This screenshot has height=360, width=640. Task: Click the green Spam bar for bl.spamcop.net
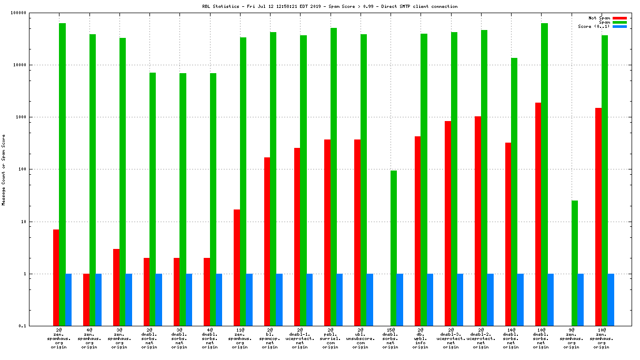pos(273,179)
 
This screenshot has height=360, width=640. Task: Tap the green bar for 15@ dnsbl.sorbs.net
pos(394,248)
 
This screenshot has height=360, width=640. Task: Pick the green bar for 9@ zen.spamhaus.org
pos(575,263)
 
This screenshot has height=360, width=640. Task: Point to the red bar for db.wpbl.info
pos(418,231)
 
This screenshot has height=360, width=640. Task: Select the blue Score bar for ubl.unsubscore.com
pos(370,299)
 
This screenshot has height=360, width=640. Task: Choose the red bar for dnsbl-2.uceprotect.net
pos(478,221)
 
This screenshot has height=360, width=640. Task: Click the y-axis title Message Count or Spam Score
pos(4,169)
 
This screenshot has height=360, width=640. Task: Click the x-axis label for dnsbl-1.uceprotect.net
pos(301,338)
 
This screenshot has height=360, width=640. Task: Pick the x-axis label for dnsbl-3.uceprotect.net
pos(451,338)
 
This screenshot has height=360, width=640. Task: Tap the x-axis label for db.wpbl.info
pos(421,338)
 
